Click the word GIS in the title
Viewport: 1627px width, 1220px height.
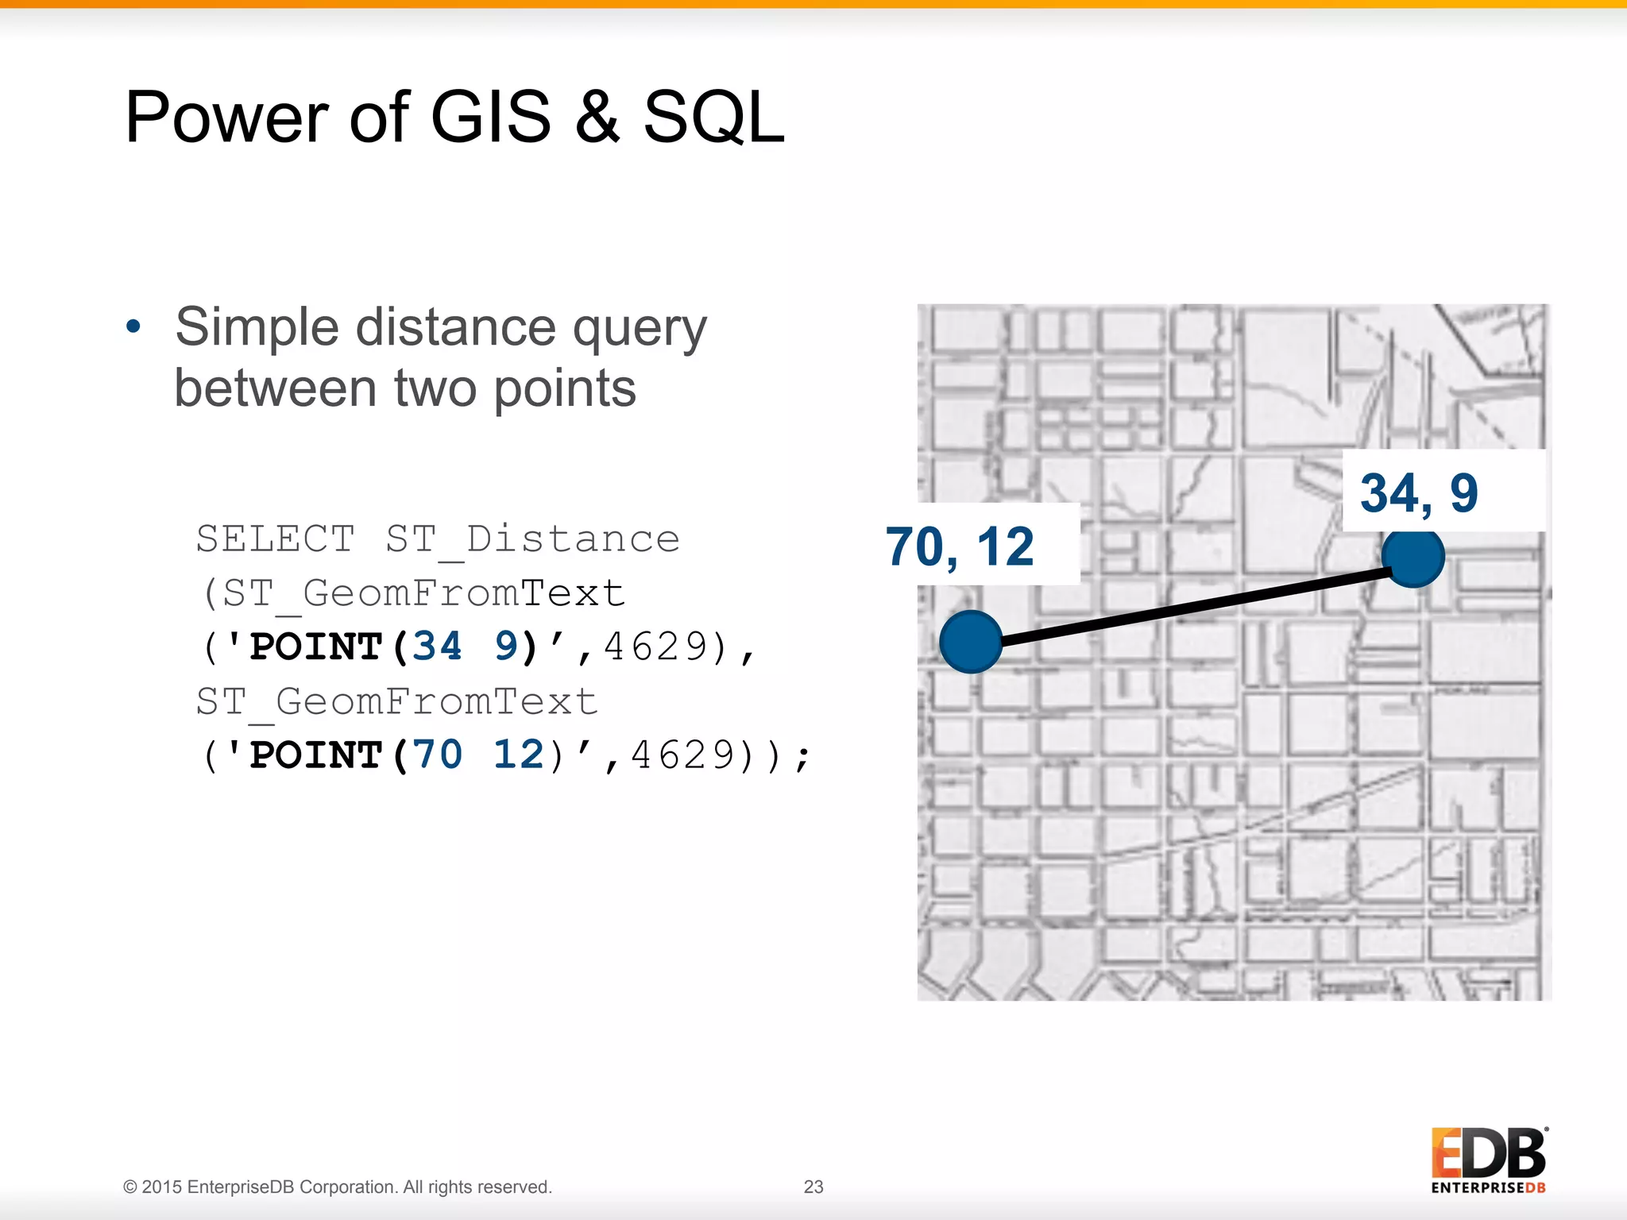[x=490, y=118]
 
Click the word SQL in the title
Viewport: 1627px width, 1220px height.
[x=713, y=118]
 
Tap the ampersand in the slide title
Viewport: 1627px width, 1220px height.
[x=597, y=118]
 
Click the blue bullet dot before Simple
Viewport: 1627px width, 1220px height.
[x=133, y=326]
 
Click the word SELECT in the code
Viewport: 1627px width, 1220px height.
[x=275, y=539]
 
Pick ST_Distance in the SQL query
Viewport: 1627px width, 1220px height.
[x=532, y=540]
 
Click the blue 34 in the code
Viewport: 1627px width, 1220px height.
[x=437, y=646]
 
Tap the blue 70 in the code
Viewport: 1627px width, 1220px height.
[x=437, y=754]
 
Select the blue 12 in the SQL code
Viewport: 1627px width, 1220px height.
[x=518, y=754]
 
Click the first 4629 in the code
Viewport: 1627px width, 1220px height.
[x=655, y=647]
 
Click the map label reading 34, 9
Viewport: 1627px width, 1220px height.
[x=1419, y=492]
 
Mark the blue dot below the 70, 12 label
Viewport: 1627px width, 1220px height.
[x=970, y=642]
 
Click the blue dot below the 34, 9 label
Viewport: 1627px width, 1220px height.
[x=1413, y=557]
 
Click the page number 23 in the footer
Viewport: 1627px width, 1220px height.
[x=813, y=1187]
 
